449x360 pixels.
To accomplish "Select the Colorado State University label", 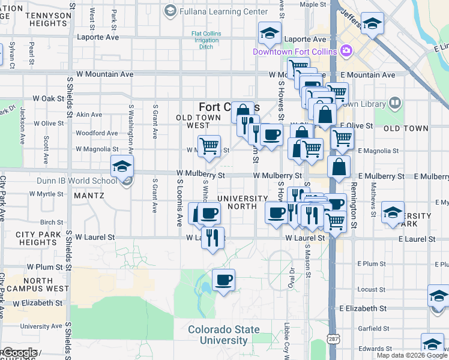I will pos(224,335).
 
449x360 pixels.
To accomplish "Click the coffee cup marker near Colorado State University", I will pos(223,280).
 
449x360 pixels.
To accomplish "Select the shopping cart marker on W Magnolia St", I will pos(209,146).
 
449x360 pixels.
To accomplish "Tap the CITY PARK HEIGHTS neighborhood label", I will pos(37,238).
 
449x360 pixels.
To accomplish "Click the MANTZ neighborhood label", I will pos(89,196).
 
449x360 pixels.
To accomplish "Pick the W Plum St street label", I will pos(44,266).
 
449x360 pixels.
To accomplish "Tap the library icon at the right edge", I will pos(394,103).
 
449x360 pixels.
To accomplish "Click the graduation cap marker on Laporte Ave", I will pos(270,34).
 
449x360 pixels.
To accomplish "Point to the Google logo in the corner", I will pos(20,353).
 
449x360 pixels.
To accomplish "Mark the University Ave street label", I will pos(41,326).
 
